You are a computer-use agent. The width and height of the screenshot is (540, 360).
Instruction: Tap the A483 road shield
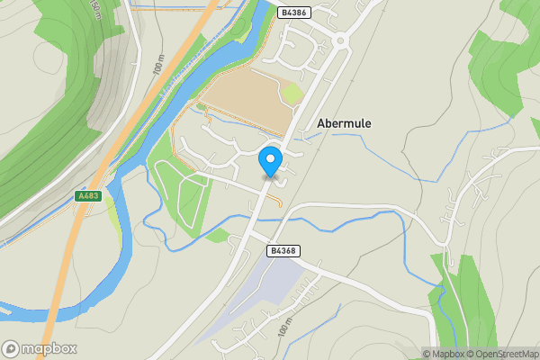[x=87, y=194]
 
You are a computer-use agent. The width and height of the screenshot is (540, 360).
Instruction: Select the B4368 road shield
[x=283, y=250]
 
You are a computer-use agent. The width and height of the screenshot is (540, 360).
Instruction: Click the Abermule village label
[x=345, y=124]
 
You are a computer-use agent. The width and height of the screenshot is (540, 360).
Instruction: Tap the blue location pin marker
[x=270, y=161]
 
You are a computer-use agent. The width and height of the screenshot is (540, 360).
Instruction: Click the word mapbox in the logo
[x=49, y=348]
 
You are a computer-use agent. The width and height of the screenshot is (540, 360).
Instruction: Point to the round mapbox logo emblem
[x=12, y=348]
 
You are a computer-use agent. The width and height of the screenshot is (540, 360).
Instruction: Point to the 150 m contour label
[x=95, y=11]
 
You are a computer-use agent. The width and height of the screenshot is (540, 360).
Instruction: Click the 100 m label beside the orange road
[x=159, y=67]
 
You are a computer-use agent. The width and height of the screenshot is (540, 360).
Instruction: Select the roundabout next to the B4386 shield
[x=341, y=40]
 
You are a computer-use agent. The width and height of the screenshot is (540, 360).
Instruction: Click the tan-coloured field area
[x=243, y=99]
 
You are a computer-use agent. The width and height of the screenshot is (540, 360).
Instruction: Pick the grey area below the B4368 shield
[x=261, y=288]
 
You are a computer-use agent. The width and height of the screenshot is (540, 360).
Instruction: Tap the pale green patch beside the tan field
[x=292, y=94]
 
